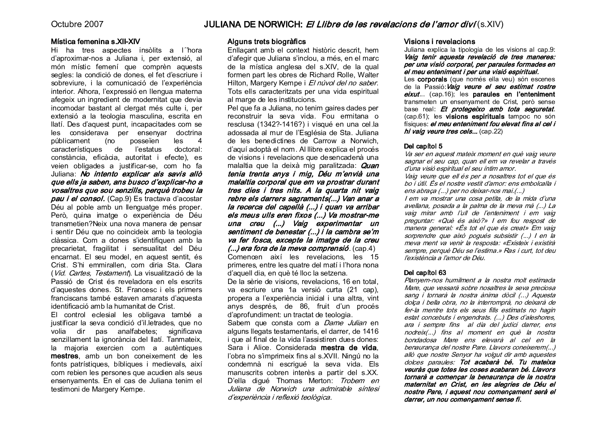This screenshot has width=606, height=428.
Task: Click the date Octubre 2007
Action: click(x=77, y=24)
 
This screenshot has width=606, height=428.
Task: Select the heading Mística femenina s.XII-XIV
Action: click(x=96, y=42)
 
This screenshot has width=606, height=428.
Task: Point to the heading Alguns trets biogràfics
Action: click(x=267, y=42)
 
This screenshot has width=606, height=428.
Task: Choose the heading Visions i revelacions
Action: click(x=440, y=42)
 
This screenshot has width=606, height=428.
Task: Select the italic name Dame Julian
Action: click(x=345, y=322)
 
